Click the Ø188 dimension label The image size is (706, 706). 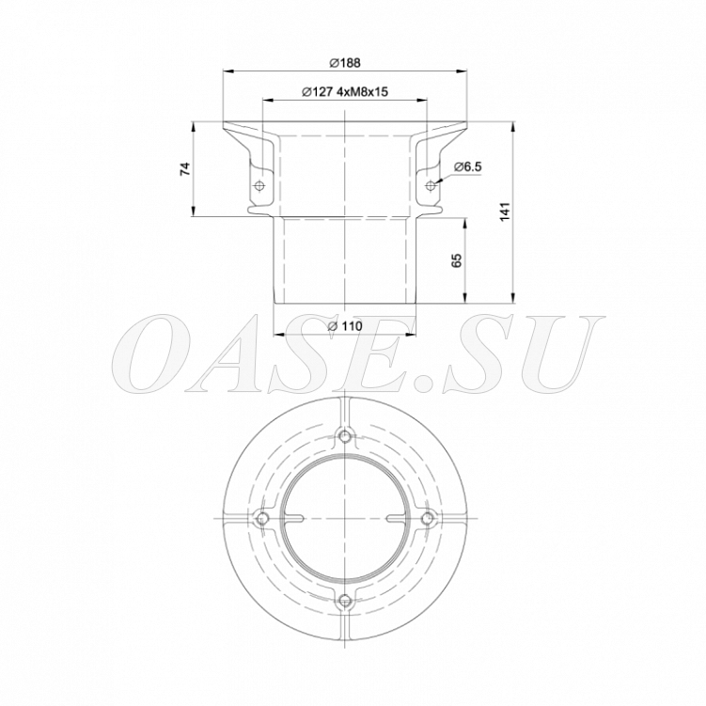345,63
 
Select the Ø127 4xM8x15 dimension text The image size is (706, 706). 345,92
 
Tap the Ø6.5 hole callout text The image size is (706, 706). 468,167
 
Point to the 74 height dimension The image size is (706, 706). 185,169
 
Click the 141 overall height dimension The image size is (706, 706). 505,212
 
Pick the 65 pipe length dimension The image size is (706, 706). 456,260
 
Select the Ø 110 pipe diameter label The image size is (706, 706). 345,326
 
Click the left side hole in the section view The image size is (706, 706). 259,185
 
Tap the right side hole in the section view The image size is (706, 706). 431,185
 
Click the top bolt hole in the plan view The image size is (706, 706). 345,436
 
